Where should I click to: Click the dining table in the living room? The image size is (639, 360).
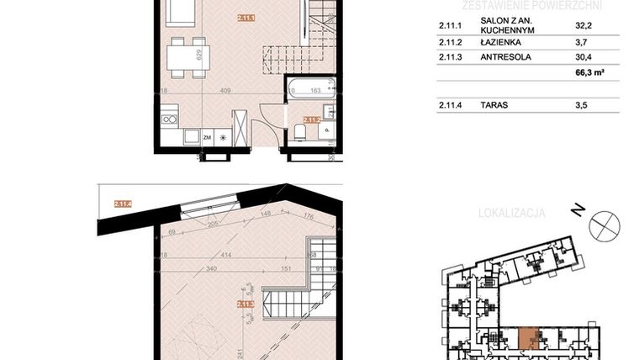pos(184,56)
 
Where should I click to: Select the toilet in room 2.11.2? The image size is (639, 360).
pos(301,135)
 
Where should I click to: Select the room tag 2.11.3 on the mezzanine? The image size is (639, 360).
pos(246,304)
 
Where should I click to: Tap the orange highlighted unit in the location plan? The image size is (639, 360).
pos(530,337)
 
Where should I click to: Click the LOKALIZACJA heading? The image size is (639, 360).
pos(511,213)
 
